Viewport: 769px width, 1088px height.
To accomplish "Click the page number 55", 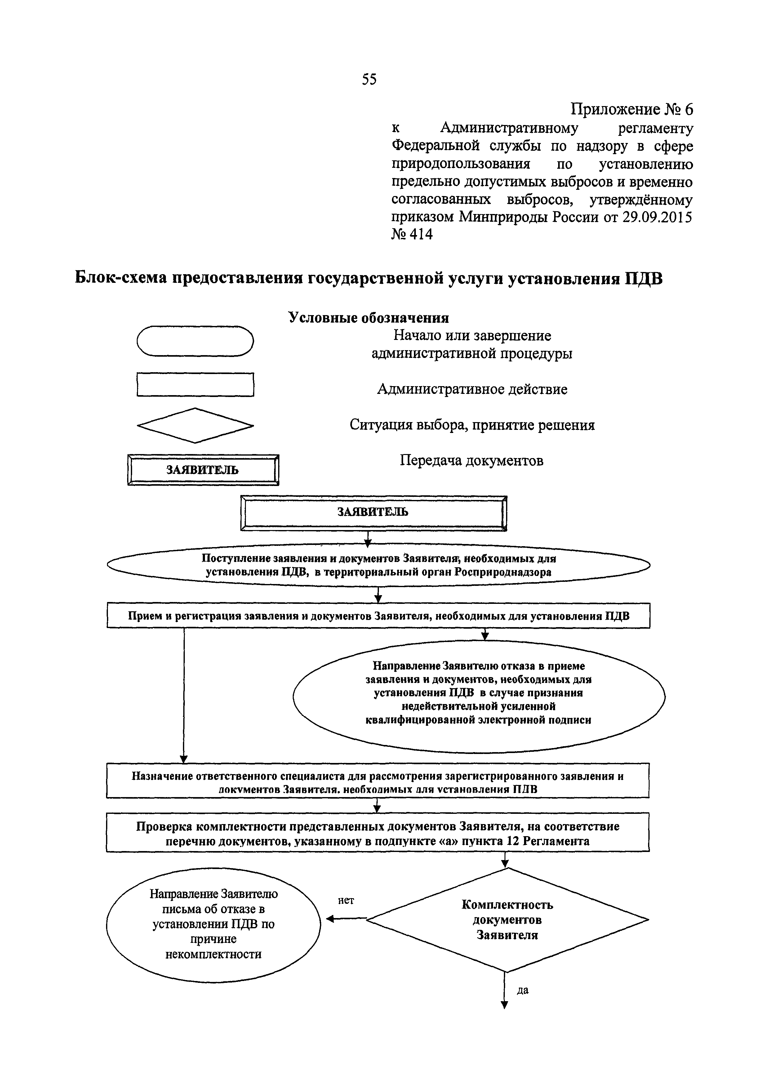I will point(369,79).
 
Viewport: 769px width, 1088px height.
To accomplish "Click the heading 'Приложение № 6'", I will point(631,109).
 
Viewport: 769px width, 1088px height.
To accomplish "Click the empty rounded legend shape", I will point(195,341).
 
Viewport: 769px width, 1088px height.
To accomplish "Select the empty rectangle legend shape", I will point(195,384).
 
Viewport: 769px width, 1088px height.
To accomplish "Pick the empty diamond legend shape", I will point(195,425).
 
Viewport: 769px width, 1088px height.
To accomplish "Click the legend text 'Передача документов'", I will point(471,460).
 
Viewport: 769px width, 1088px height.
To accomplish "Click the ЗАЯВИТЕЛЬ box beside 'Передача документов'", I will point(203,470).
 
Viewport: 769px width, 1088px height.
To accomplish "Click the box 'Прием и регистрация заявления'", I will point(378,616).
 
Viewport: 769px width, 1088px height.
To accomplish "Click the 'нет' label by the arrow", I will point(346,900).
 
